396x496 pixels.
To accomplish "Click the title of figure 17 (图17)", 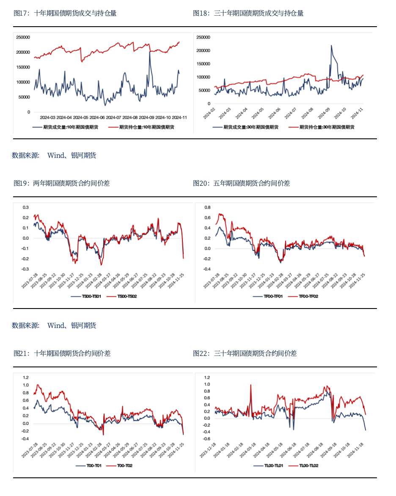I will [x=65, y=13].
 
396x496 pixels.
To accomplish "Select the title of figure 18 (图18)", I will [x=248, y=13].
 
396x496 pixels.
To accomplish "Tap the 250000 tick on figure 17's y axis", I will [x=23, y=37].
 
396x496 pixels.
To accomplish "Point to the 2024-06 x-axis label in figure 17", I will [x=97, y=117].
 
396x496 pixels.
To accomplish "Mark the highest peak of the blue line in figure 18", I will [x=331, y=46].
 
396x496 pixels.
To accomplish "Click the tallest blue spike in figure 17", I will [x=149, y=52].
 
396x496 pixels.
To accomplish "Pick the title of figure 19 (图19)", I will [x=62, y=183].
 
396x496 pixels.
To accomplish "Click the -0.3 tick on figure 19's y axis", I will [x=25, y=269].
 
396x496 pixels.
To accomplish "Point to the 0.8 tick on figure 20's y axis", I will [x=207, y=207].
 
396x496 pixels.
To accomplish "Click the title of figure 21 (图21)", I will [x=62, y=353].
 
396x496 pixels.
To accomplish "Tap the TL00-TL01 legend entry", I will [x=270, y=466].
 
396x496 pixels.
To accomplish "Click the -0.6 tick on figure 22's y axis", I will [x=206, y=439].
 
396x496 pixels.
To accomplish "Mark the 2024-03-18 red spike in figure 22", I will [x=251, y=385].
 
